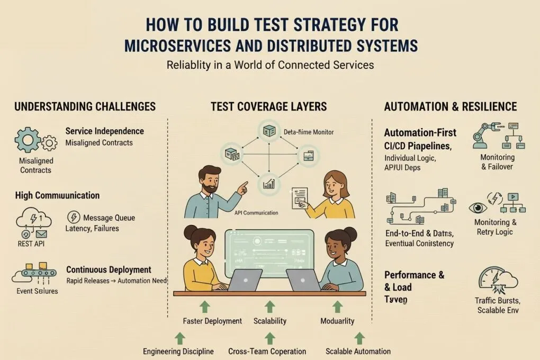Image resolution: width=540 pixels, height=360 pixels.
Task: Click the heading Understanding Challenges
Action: coord(85,106)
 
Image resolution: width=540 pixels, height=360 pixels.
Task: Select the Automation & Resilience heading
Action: coord(450,106)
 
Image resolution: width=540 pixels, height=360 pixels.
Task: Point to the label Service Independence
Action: coord(104,131)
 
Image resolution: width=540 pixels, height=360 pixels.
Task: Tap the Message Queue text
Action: coord(109,218)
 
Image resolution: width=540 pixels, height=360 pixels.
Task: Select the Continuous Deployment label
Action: coord(109,269)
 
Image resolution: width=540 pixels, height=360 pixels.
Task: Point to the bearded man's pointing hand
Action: coord(243,187)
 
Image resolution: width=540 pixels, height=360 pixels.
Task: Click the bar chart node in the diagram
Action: coord(268,184)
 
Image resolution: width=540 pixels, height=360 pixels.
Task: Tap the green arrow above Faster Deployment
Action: coord(205,305)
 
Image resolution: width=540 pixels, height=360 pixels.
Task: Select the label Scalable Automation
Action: coord(358,351)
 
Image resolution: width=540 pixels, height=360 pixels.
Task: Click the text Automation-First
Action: coord(420,133)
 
